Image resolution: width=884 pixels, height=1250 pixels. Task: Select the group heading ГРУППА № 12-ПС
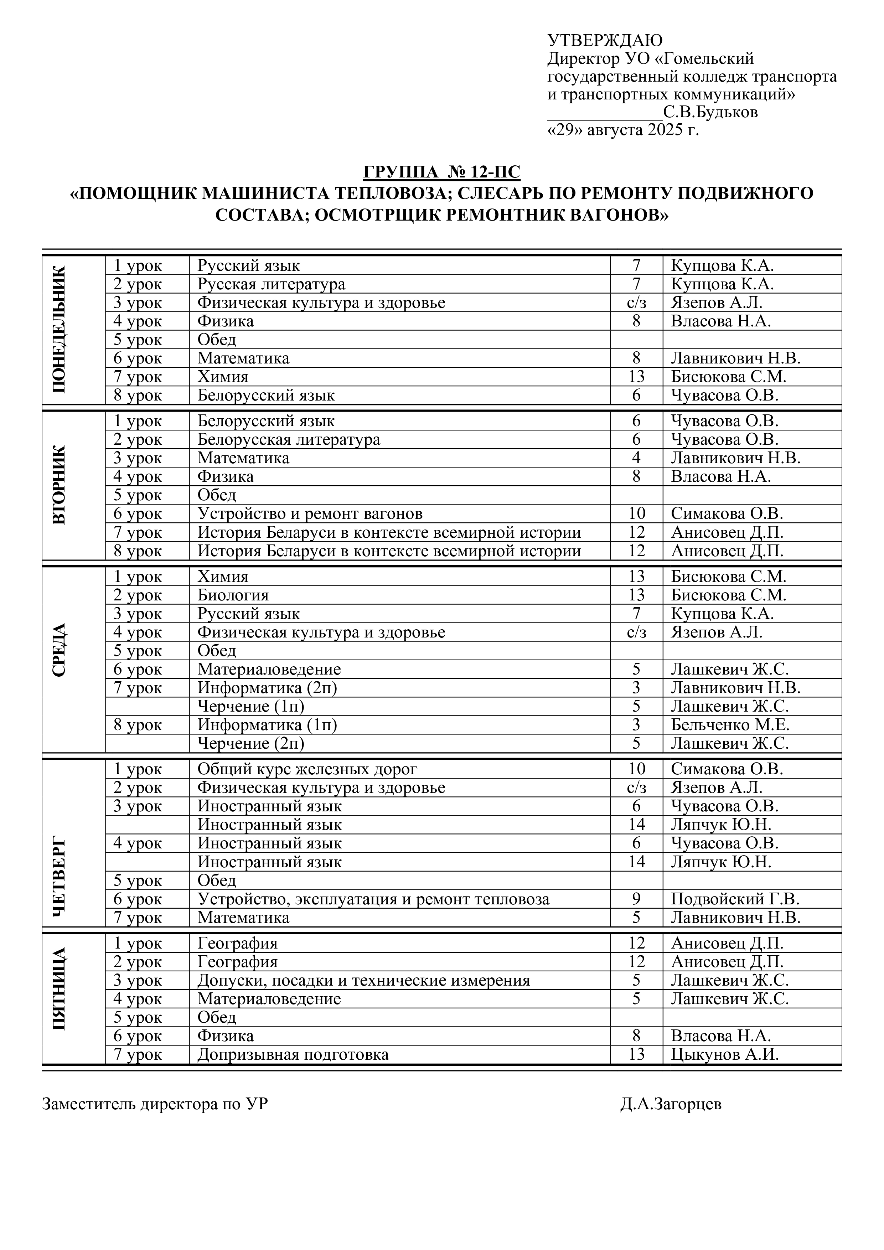[x=441, y=172]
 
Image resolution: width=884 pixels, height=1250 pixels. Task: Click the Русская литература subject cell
[x=271, y=284]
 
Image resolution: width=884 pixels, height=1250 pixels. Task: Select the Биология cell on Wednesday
[x=233, y=595]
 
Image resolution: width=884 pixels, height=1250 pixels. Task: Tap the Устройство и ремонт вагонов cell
[x=310, y=513]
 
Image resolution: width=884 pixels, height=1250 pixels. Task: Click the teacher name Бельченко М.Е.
[x=730, y=725]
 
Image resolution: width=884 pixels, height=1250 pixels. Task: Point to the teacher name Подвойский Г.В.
[x=735, y=899]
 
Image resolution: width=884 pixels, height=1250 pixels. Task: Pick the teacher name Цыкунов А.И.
[x=724, y=1054]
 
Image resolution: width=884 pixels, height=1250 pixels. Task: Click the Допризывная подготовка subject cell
[x=293, y=1054]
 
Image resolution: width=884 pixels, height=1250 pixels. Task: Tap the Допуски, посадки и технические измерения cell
[x=364, y=981]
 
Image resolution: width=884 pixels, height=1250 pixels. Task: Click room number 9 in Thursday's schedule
[x=636, y=899]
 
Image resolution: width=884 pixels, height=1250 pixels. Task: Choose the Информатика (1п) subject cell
[x=267, y=725]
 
